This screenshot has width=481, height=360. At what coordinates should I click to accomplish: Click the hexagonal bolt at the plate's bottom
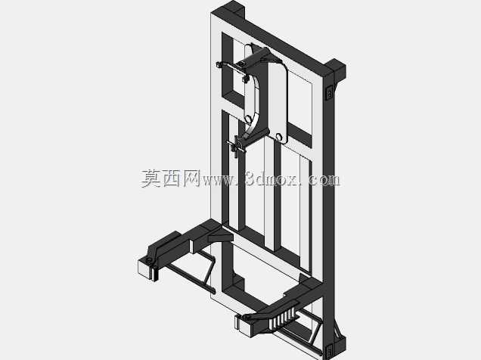pyautogui.click(x=279, y=136)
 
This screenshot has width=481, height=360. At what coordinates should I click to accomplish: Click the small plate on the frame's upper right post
pyautogui.click(x=329, y=92)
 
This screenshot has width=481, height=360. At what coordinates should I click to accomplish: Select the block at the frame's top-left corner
pyautogui.click(x=235, y=9)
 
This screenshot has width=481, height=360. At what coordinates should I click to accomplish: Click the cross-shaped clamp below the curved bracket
pyautogui.click(x=236, y=146)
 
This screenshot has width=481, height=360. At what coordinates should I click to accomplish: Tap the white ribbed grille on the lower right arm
pyautogui.click(x=283, y=319)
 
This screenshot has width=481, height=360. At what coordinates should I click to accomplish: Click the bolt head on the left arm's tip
pyautogui.click(x=149, y=261)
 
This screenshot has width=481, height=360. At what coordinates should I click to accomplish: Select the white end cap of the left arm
pyautogui.click(x=144, y=269)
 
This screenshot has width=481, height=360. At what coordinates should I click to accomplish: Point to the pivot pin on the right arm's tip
pyautogui.click(x=246, y=316)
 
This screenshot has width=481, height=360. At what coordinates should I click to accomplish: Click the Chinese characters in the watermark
pyautogui.click(x=171, y=178)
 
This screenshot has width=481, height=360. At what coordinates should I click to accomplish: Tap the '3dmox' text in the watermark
pyautogui.click(x=271, y=178)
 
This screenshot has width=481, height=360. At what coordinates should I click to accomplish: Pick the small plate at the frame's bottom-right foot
pyautogui.click(x=328, y=350)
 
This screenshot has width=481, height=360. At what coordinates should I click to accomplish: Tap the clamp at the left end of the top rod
pyautogui.click(x=219, y=65)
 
